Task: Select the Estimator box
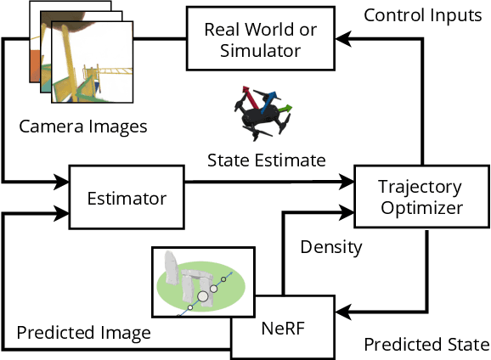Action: tap(127, 198)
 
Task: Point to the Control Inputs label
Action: tap(422, 16)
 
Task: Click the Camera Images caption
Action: tap(82, 127)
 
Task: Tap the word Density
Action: tap(331, 248)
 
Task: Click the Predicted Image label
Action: tap(83, 333)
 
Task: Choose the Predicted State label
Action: tap(426, 345)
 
